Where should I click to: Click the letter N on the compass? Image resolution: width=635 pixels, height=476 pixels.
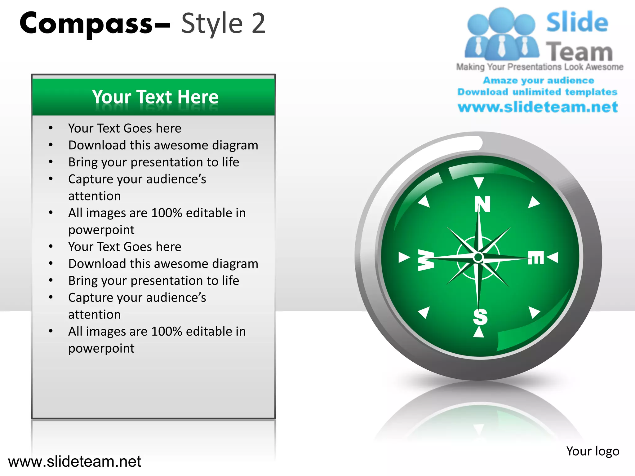click(482, 204)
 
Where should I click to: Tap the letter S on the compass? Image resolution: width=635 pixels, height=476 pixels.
click(480, 317)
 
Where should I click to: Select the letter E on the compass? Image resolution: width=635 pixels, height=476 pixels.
click(536, 258)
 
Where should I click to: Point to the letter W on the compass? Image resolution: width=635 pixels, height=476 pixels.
click(426, 260)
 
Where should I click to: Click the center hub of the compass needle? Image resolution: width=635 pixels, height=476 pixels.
click(478, 257)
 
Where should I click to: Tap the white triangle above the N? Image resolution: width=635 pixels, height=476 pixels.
click(478, 182)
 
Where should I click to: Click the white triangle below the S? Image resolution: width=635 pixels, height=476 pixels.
click(478, 333)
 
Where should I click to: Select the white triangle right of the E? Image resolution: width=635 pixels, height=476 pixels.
click(553, 257)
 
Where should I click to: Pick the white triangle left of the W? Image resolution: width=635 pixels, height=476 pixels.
click(403, 257)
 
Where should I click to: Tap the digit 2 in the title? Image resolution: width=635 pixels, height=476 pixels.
click(258, 24)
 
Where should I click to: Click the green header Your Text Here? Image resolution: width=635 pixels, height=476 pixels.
click(155, 97)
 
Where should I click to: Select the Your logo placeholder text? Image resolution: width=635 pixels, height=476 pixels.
click(593, 451)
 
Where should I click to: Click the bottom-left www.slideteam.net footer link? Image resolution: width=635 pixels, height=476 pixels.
click(74, 461)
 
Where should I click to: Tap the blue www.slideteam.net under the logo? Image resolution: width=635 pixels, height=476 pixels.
click(538, 107)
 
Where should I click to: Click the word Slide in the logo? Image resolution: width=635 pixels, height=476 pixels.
click(577, 22)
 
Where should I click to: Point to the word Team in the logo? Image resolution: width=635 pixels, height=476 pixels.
click(579, 51)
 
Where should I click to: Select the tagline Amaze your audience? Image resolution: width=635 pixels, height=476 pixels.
click(539, 80)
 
